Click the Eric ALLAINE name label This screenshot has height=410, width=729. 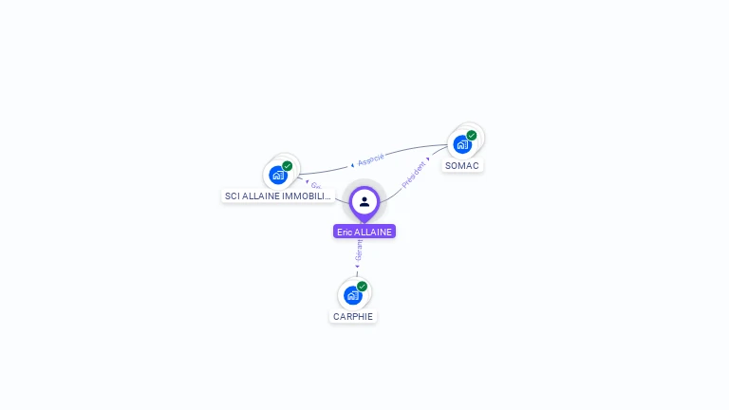(364, 232)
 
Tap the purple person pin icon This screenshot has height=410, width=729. (364, 201)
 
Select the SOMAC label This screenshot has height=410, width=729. (462, 165)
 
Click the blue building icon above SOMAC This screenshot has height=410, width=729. (462, 145)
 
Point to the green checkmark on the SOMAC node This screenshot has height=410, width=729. (472, 136)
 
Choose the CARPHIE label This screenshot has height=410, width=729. (353, 316)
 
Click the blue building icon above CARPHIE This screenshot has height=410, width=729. (352, 295)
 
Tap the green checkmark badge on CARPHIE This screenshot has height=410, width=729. (362, 286)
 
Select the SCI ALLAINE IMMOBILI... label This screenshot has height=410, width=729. (278, 196)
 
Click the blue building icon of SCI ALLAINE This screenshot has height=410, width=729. (278, 175)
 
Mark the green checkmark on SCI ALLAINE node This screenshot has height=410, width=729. (288, 166)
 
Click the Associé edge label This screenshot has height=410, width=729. (371, 158)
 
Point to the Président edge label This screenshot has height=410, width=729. (414, 175)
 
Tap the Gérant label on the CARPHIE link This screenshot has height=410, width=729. (359, 251)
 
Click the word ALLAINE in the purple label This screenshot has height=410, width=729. (374, 232)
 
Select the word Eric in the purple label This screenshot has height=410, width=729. (345, 232)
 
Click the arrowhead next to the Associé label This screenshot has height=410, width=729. (352, 163)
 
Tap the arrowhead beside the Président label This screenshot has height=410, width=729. (428, 159)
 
